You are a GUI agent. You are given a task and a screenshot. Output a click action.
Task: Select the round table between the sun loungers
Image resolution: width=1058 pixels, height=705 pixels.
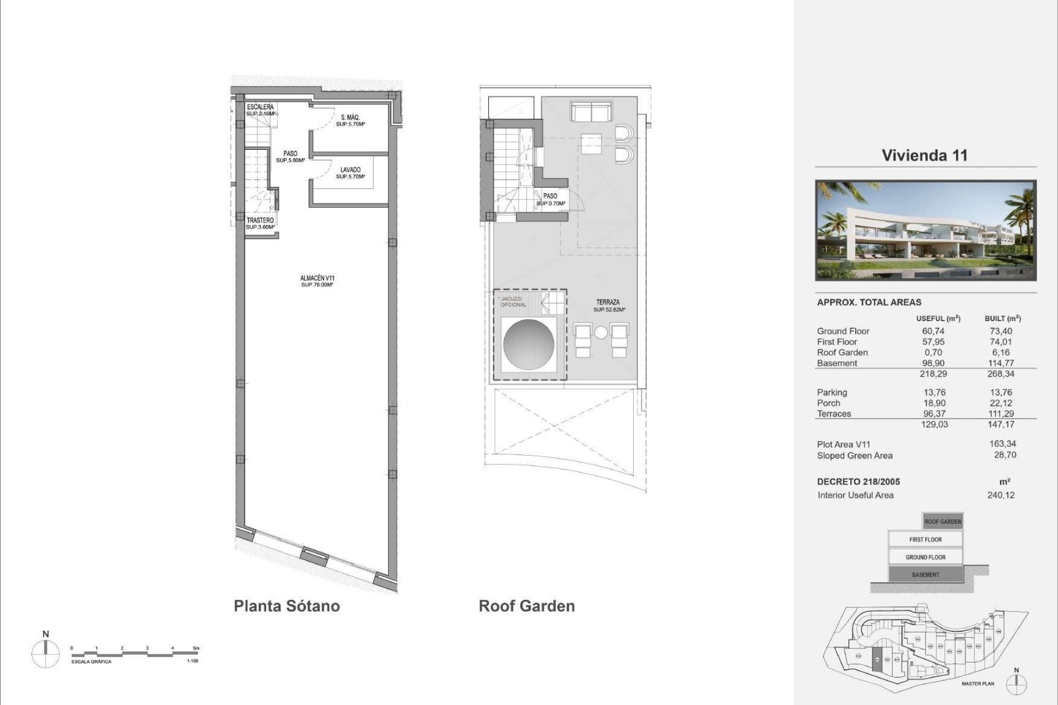tap(601, 333)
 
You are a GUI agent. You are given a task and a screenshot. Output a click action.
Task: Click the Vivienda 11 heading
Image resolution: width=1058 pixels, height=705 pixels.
tap(925, 155)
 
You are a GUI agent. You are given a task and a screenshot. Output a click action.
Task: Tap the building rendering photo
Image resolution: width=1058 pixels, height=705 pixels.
tap(926, 230)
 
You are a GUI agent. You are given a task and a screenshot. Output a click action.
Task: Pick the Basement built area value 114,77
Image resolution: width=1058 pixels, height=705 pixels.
tap(1001, 363)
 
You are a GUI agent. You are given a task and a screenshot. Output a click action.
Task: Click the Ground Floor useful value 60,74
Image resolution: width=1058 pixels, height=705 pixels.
tap(933, 331)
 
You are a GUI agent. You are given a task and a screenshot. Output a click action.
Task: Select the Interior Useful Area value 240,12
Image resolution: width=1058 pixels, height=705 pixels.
tap(1001, 495)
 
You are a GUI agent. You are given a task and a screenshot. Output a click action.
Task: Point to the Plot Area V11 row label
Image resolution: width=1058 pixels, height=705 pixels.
tap(844, 444)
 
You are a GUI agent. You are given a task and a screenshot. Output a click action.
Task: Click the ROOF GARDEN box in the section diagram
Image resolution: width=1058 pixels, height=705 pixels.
tap(942, 522)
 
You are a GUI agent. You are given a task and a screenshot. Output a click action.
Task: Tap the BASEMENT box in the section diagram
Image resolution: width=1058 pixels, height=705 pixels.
tap(925, 574)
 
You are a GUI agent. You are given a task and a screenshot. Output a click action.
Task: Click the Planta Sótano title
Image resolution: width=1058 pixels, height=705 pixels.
tap(287, 606)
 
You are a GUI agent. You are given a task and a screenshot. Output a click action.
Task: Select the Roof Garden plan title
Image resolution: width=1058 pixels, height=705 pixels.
tap(526, 606)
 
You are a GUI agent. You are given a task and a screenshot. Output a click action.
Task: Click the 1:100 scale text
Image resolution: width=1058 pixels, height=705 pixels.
tap(192, 661)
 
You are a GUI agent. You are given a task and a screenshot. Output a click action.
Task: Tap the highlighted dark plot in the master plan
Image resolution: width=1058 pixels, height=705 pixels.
tap(877, 659)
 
